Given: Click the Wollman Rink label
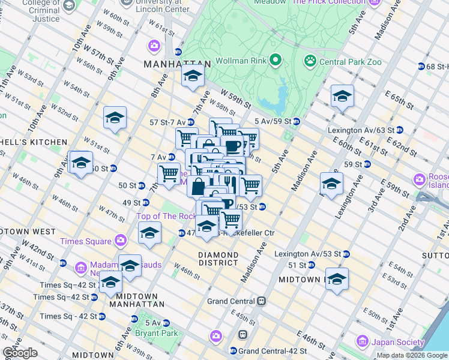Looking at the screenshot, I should (240, 60).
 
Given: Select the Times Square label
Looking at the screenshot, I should (86, 241).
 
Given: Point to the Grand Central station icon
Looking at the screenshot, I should (261, 301).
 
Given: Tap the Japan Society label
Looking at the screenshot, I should (396, 341).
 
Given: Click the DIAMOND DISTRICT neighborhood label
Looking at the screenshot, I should (218, 259).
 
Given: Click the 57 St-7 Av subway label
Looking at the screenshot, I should (170, 122).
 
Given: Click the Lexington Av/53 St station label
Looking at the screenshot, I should (307, 254).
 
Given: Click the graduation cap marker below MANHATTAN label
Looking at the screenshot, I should (193, 76).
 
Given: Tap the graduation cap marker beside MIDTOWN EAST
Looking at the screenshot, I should (337, 280).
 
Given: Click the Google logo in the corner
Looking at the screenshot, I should (20, 353).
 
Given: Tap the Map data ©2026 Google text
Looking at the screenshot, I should (412, 355).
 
